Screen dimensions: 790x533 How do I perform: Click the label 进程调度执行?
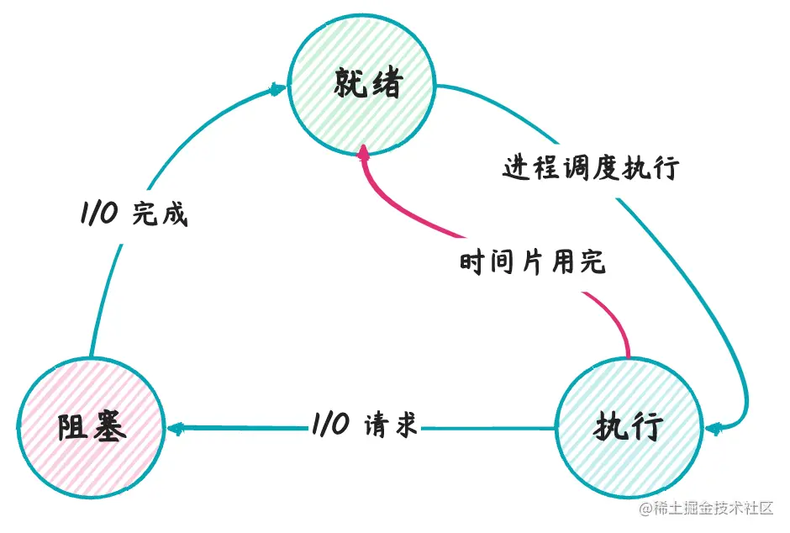[x=591, y=167]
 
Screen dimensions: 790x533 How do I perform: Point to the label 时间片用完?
[x=532, y=262]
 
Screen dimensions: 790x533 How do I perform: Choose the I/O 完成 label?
[x=134, y=214]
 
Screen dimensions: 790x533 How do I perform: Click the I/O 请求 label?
[x=365, y=425]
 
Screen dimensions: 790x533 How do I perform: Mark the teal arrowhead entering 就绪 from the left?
[x=278, y=90]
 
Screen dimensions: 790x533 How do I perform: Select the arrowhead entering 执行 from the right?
[x=714, y=430]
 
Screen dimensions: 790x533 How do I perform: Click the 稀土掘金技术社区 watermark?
[x=706, y=509]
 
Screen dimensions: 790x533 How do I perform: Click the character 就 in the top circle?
[x=350, y=82]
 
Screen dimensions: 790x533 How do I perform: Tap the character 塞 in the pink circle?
[x=108, y=428]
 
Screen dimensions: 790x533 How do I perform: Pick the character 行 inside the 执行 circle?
[x=646, y=428]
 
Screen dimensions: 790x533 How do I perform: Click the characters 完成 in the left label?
[x=161, y=214]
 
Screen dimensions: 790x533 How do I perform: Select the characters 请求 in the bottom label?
[x=391, y=425]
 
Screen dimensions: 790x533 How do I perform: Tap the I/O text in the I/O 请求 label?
[x=330, y=425]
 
